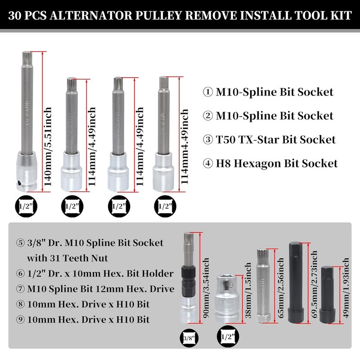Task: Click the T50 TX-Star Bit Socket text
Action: pyautogui.click(x=275, y=139)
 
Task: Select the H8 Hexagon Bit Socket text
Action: pyautogui.click(x=276, y=163)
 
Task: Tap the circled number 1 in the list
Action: pyautogui.click(x=208, y=92)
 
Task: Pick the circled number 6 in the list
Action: pyautogui.click(x=20, y=273)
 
